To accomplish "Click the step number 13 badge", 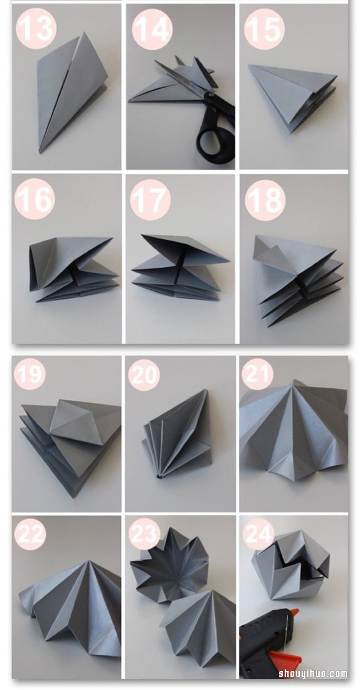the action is tap(36, 28).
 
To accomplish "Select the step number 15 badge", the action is tap(264, 29).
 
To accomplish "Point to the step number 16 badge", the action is tap(35, 199).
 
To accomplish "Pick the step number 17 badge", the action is tap(150, 199).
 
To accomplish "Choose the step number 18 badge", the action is tap(265, 200).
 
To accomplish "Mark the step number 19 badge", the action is tap(30, 374).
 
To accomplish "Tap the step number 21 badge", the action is tap(257, 374).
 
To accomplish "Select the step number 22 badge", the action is tap(30, 534).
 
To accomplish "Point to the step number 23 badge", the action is tap(144, 534).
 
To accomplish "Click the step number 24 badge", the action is tap(258, 534).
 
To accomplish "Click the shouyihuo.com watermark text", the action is tap(313, 673).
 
